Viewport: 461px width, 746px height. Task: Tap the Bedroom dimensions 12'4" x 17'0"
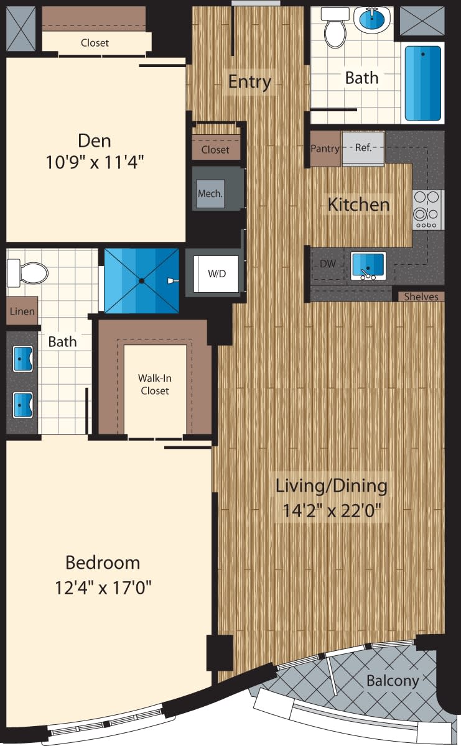click(x=103, y=587)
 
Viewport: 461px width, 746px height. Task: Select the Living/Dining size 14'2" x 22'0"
click(x=331, y=511)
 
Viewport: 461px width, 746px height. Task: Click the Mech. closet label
click(x=210, y=193)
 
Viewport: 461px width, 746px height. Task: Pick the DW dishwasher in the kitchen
click(x=327, y=264)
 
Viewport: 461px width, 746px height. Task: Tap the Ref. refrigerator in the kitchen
click(x=363, y=149)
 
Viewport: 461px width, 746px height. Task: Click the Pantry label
click(x=325, y=149)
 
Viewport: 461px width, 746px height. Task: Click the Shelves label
click(x=421, y=297)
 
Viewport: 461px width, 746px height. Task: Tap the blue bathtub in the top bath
click(x=422, y=82)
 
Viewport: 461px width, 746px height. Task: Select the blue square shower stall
click(x=142, y=280)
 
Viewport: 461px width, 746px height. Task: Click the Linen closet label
click(x=21, y=311)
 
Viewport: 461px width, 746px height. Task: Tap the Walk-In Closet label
click(x=154, y=384)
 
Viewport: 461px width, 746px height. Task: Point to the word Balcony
click(x=392, y=680)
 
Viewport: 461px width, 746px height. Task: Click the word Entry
click(x=249, y=81)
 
